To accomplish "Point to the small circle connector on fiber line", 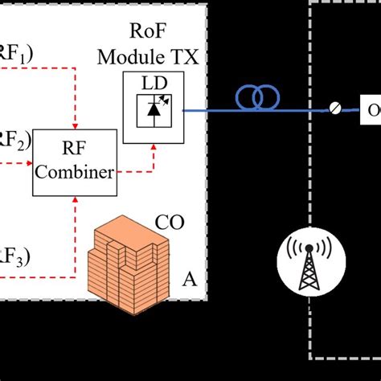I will click(x=334, y=108).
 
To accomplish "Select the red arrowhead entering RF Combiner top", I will click(x=75, y=126).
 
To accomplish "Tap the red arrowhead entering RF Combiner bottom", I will click(x=75, y=201).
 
